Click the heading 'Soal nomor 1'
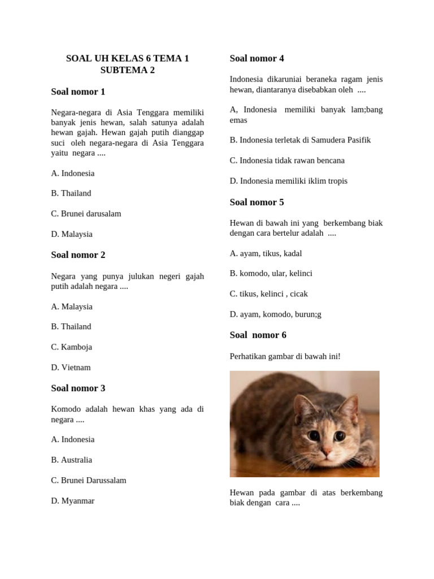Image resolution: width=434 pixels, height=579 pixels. [x=78, y=92]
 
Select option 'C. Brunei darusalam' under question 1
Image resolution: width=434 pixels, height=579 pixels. [x=86, y=214]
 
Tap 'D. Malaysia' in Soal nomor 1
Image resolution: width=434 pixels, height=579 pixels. [x=72, y=234]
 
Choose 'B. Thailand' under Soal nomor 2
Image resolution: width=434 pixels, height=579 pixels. [x=71, y=327]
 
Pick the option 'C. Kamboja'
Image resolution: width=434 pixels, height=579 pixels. [x=72, y=347]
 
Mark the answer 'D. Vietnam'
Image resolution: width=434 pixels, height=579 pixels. [x=71, y=368]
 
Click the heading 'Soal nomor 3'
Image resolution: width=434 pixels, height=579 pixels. [x=78, y=388]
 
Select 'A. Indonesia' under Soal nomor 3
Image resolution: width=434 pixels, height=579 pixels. [x=73, y=439]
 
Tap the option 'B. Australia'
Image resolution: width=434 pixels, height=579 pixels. [x=72, y=460]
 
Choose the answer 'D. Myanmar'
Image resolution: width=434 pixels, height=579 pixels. [x=73, y=501]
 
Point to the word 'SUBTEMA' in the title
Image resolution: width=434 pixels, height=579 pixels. [x=121, y=70]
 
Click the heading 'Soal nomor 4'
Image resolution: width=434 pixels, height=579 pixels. [x=257, y=58]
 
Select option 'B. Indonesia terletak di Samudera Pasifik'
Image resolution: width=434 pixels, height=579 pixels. [x=300, y=140]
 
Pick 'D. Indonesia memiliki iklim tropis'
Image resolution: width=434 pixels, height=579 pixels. [x=288, y=181]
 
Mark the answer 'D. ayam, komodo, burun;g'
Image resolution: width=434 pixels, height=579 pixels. [x=275, y=314]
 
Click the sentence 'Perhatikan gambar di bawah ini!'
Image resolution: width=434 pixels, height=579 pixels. [x=285, y=356]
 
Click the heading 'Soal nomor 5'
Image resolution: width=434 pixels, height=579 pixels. [x=257, y=202]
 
